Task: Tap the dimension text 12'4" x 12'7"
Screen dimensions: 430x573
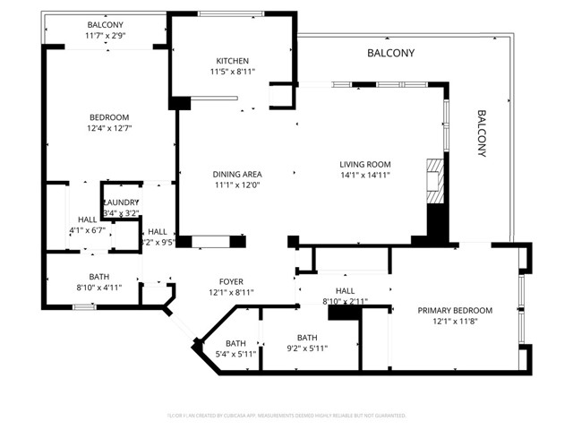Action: (x=108, y=127)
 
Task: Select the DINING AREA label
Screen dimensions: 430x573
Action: (x=236, y=175)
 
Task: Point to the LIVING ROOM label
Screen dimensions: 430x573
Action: (x=364, y=164)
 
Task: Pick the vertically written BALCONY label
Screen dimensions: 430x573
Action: (x=481, y=133)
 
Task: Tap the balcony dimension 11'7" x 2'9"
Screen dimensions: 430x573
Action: (x=106, y=35)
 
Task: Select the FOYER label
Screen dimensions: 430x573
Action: (x=231, y=282)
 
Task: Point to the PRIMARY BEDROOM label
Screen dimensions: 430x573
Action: (x=455, y=311)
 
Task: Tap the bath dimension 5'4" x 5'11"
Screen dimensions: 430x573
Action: (x=235, y=354)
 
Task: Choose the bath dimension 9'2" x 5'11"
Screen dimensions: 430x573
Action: (x=308, y=348)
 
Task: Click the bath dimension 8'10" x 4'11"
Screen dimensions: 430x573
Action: (x=98, y=288)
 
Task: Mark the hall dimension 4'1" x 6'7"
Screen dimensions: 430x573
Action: (x=87, y=230)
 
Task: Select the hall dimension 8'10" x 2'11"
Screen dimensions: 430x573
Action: (x=345, y=301)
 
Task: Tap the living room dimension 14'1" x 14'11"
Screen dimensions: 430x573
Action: (x=364, y=175)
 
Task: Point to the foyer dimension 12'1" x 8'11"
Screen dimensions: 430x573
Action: (x=231, y=293)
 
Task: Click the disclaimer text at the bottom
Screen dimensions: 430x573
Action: (x=286, y=415)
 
